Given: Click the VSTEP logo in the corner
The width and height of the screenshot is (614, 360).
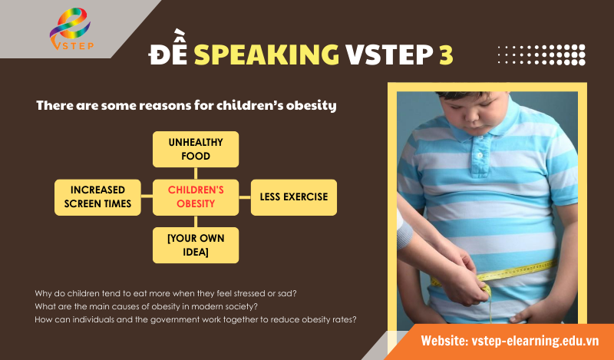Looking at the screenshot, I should [69, 31].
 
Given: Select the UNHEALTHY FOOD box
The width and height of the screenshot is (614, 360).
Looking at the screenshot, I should [196, 149].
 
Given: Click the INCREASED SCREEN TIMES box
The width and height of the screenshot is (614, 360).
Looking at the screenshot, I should [97, 197].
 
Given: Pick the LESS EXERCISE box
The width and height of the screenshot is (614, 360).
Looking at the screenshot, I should [294, 197].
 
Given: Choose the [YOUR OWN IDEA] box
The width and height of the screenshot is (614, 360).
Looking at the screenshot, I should [196, 246].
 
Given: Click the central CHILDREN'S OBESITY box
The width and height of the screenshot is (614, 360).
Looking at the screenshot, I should [196, 197].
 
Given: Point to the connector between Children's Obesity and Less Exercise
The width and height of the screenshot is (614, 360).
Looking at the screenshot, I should [245, 197].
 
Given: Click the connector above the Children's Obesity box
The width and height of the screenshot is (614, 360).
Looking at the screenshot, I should [196, 173].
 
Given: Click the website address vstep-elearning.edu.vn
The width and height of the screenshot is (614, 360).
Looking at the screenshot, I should [510, 339].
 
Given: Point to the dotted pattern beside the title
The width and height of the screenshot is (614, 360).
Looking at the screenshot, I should [541, 54].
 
